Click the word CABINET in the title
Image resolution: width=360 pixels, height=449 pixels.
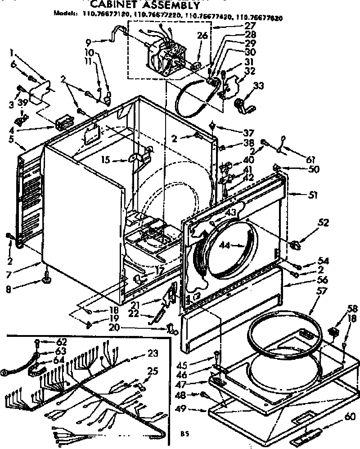tap(118, 5)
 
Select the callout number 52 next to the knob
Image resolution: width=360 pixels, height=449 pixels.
tap(324, 222)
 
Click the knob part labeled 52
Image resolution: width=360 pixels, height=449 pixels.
tap(295, 245)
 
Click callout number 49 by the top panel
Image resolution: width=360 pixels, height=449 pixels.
tap(194, 410)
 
